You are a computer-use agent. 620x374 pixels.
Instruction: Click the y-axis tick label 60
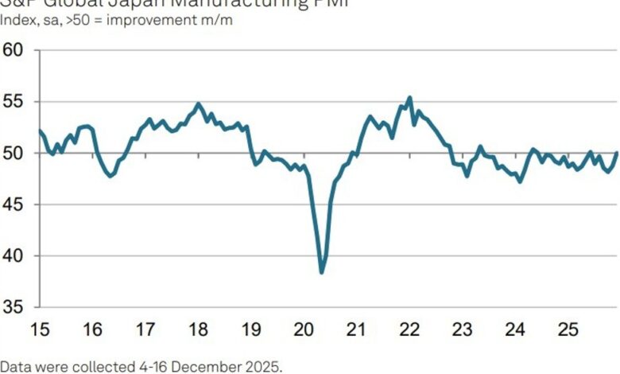(x=14, y=50)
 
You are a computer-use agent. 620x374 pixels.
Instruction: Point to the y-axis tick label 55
(x=14, y=102)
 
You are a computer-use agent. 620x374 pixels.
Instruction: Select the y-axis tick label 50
(x=14, y=153)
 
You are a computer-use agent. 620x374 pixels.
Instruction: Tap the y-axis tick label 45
(x=14, y=205)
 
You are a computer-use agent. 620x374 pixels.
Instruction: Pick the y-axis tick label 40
(x=14, y=256)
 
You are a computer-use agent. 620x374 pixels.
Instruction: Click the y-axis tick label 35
(x=14, y=307)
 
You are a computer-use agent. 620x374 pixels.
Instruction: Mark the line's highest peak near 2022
(x=409, y=98)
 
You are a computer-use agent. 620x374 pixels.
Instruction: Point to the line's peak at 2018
(x=198, y=103)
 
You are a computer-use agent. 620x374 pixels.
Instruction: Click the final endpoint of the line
(x=618, y=153)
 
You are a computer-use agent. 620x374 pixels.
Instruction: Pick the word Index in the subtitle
(x=17, y=20)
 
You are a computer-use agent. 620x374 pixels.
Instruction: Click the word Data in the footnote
(x=15, y=366)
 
